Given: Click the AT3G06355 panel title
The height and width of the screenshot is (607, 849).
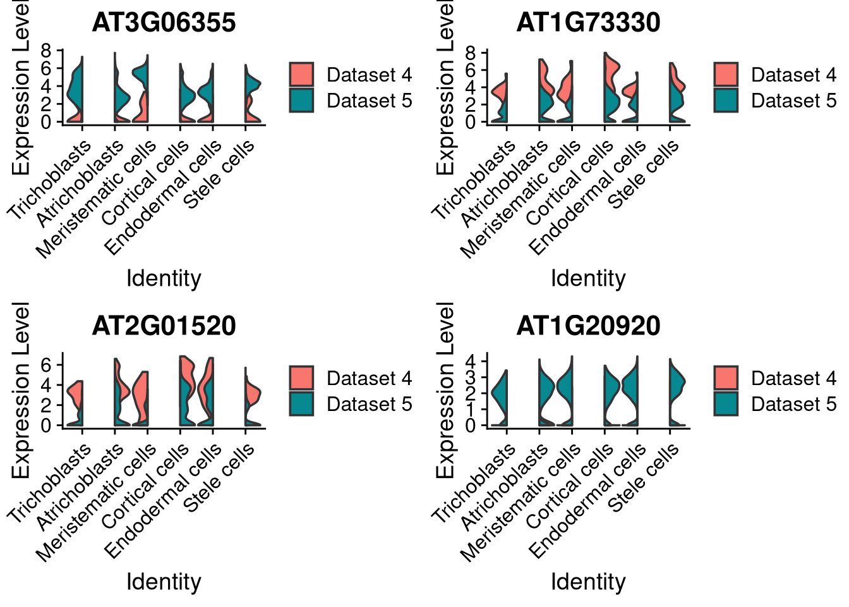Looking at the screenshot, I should coord(164,23).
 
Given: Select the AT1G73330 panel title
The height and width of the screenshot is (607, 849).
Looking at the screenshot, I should coord(588,23).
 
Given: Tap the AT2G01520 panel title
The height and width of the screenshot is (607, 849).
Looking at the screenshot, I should coord(164,326).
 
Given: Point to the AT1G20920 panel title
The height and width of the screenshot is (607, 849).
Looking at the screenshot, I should coord(588,326).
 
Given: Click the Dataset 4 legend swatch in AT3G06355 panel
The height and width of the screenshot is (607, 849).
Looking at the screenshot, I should coord(301,75).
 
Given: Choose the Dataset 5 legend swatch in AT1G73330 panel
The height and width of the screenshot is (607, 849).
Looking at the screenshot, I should coord(726,101).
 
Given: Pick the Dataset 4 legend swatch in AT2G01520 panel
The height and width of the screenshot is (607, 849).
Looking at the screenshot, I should coord(301,378).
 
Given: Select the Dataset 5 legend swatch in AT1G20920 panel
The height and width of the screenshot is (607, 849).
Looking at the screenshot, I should coord(726,404).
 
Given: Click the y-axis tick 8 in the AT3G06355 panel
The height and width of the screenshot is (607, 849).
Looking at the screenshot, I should coord(47,51).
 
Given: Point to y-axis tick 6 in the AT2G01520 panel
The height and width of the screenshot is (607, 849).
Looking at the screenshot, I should coord(47,365).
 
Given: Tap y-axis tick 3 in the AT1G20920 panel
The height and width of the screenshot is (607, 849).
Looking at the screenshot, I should coord(471,377).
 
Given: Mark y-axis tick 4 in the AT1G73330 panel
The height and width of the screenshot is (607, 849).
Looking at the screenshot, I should coord(471,87).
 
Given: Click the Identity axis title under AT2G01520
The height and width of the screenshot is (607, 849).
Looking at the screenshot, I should coord(164,582).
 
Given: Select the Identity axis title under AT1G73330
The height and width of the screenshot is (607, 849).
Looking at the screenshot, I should coord(588,278).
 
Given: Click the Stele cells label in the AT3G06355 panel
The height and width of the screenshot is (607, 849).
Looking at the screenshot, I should coord(220,173).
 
